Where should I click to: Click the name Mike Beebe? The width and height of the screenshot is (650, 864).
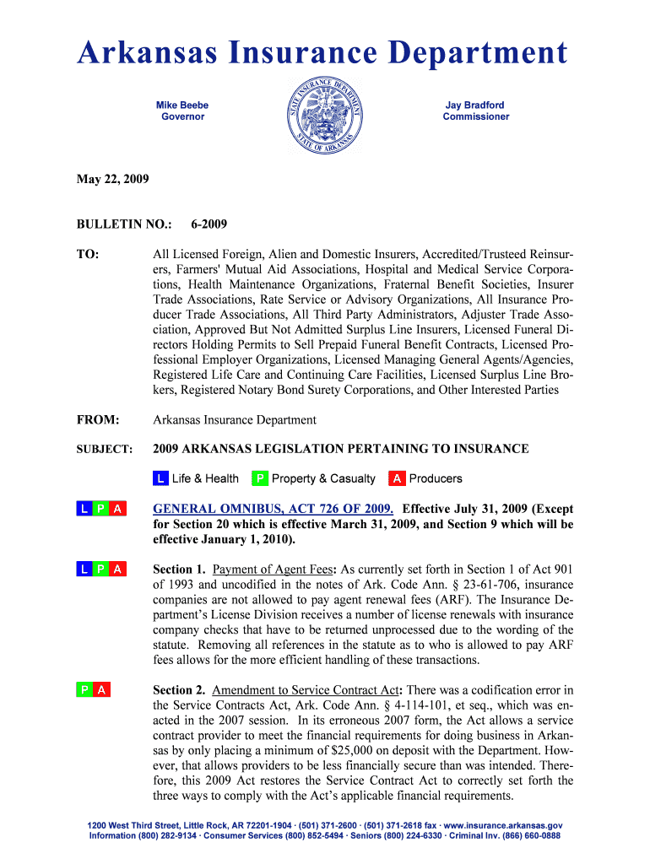click(182, 105)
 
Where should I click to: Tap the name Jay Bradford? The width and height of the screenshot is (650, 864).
click(475, 105)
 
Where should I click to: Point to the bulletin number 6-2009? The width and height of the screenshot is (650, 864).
click(209, 224)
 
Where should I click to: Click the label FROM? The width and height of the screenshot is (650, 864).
click(98, 420)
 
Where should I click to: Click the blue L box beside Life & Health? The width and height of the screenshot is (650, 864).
click(160, 478)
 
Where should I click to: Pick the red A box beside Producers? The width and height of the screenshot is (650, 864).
click(397, 478)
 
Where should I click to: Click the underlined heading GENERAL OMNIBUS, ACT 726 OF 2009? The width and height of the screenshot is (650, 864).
click(273, 509)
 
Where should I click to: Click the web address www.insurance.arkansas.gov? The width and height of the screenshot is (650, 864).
click(501, 825)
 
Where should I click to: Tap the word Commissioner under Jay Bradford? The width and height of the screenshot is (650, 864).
click(475, 116)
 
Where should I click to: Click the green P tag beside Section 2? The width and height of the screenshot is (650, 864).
click(85, 690)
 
